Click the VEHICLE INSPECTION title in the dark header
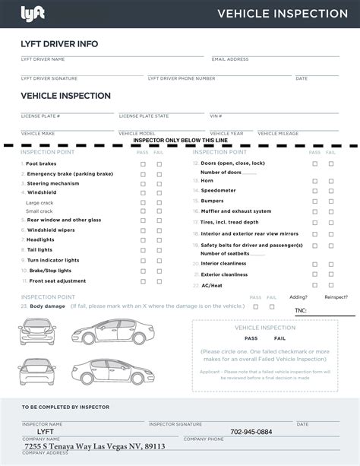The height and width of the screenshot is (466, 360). [283, 13]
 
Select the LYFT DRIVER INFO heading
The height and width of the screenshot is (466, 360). [59, 44]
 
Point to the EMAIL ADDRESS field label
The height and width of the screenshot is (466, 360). [230, 59]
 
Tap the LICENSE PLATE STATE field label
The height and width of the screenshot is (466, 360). [144, 116]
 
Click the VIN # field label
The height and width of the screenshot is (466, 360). [216, 116]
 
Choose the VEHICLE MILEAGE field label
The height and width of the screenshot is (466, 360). [278, 133]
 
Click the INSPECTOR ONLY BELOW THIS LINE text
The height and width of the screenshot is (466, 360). [179, 141]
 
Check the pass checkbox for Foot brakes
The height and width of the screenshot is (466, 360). [143, 163]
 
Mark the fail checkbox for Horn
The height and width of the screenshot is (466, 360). [330, 182]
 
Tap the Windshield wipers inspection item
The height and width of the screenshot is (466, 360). [51, 230]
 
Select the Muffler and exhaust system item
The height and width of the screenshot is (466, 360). [235, 211]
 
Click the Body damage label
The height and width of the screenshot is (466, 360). [47, 306]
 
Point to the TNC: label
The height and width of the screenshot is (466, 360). [301, 310]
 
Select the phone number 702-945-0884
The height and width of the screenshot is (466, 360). [251, 432]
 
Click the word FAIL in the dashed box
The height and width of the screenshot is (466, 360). [280, 338]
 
